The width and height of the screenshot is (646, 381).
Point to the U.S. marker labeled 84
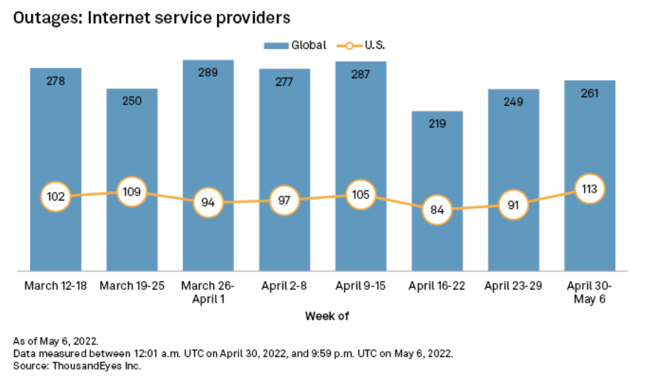pos(437,210)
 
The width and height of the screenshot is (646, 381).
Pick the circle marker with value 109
pos(132,191)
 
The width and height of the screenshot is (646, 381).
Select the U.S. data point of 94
pos(208,203)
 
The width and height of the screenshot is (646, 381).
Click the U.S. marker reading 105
pos(361,195)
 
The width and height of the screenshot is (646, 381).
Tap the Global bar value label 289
pos(208,73)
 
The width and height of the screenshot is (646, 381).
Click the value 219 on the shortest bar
pos(437,124)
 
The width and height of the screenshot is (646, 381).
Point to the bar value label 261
pos(590,93)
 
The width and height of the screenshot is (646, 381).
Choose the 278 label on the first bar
pos(55,80)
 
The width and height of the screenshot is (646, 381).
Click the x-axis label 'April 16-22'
pos(437,286)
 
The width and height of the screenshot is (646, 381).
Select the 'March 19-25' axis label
pos(132,286)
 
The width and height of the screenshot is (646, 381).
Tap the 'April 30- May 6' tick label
pos(590,292)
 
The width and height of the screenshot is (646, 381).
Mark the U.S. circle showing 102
pos(55,197)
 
